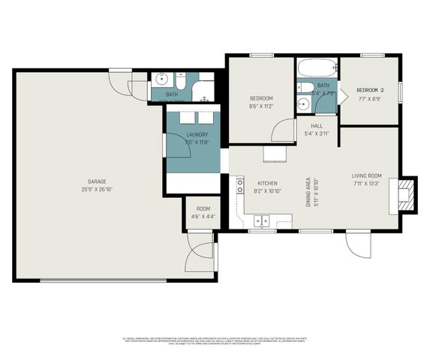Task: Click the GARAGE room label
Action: coord(97,181)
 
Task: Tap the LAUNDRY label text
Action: coord(197,134)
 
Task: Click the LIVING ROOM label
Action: coord(367,176)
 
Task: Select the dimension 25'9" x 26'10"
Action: coord(97,189)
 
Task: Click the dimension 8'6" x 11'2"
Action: coord(261,106)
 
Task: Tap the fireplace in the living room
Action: coord(406,194)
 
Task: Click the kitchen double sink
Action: coord(262,220)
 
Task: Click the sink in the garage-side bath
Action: coord(161,79)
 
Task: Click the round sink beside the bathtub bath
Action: coord(304,104)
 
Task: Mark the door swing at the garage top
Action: coord(119,80)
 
